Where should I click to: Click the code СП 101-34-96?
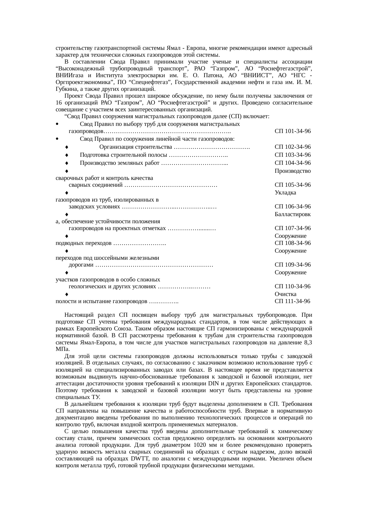click(293, 131)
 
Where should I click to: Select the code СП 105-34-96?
click(293, 185)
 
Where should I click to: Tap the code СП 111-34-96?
click(292, 301)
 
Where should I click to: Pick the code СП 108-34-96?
click(293, 243)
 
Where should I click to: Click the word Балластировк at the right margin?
click(293, 214)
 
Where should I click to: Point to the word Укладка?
click(285, 193)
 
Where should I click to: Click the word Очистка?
click(285, 294)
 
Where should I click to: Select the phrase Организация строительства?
click(136, 147)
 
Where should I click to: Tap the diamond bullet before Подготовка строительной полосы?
click(67, 155)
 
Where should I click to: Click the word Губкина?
click(65, 89)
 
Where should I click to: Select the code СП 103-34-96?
click(293, 155)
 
